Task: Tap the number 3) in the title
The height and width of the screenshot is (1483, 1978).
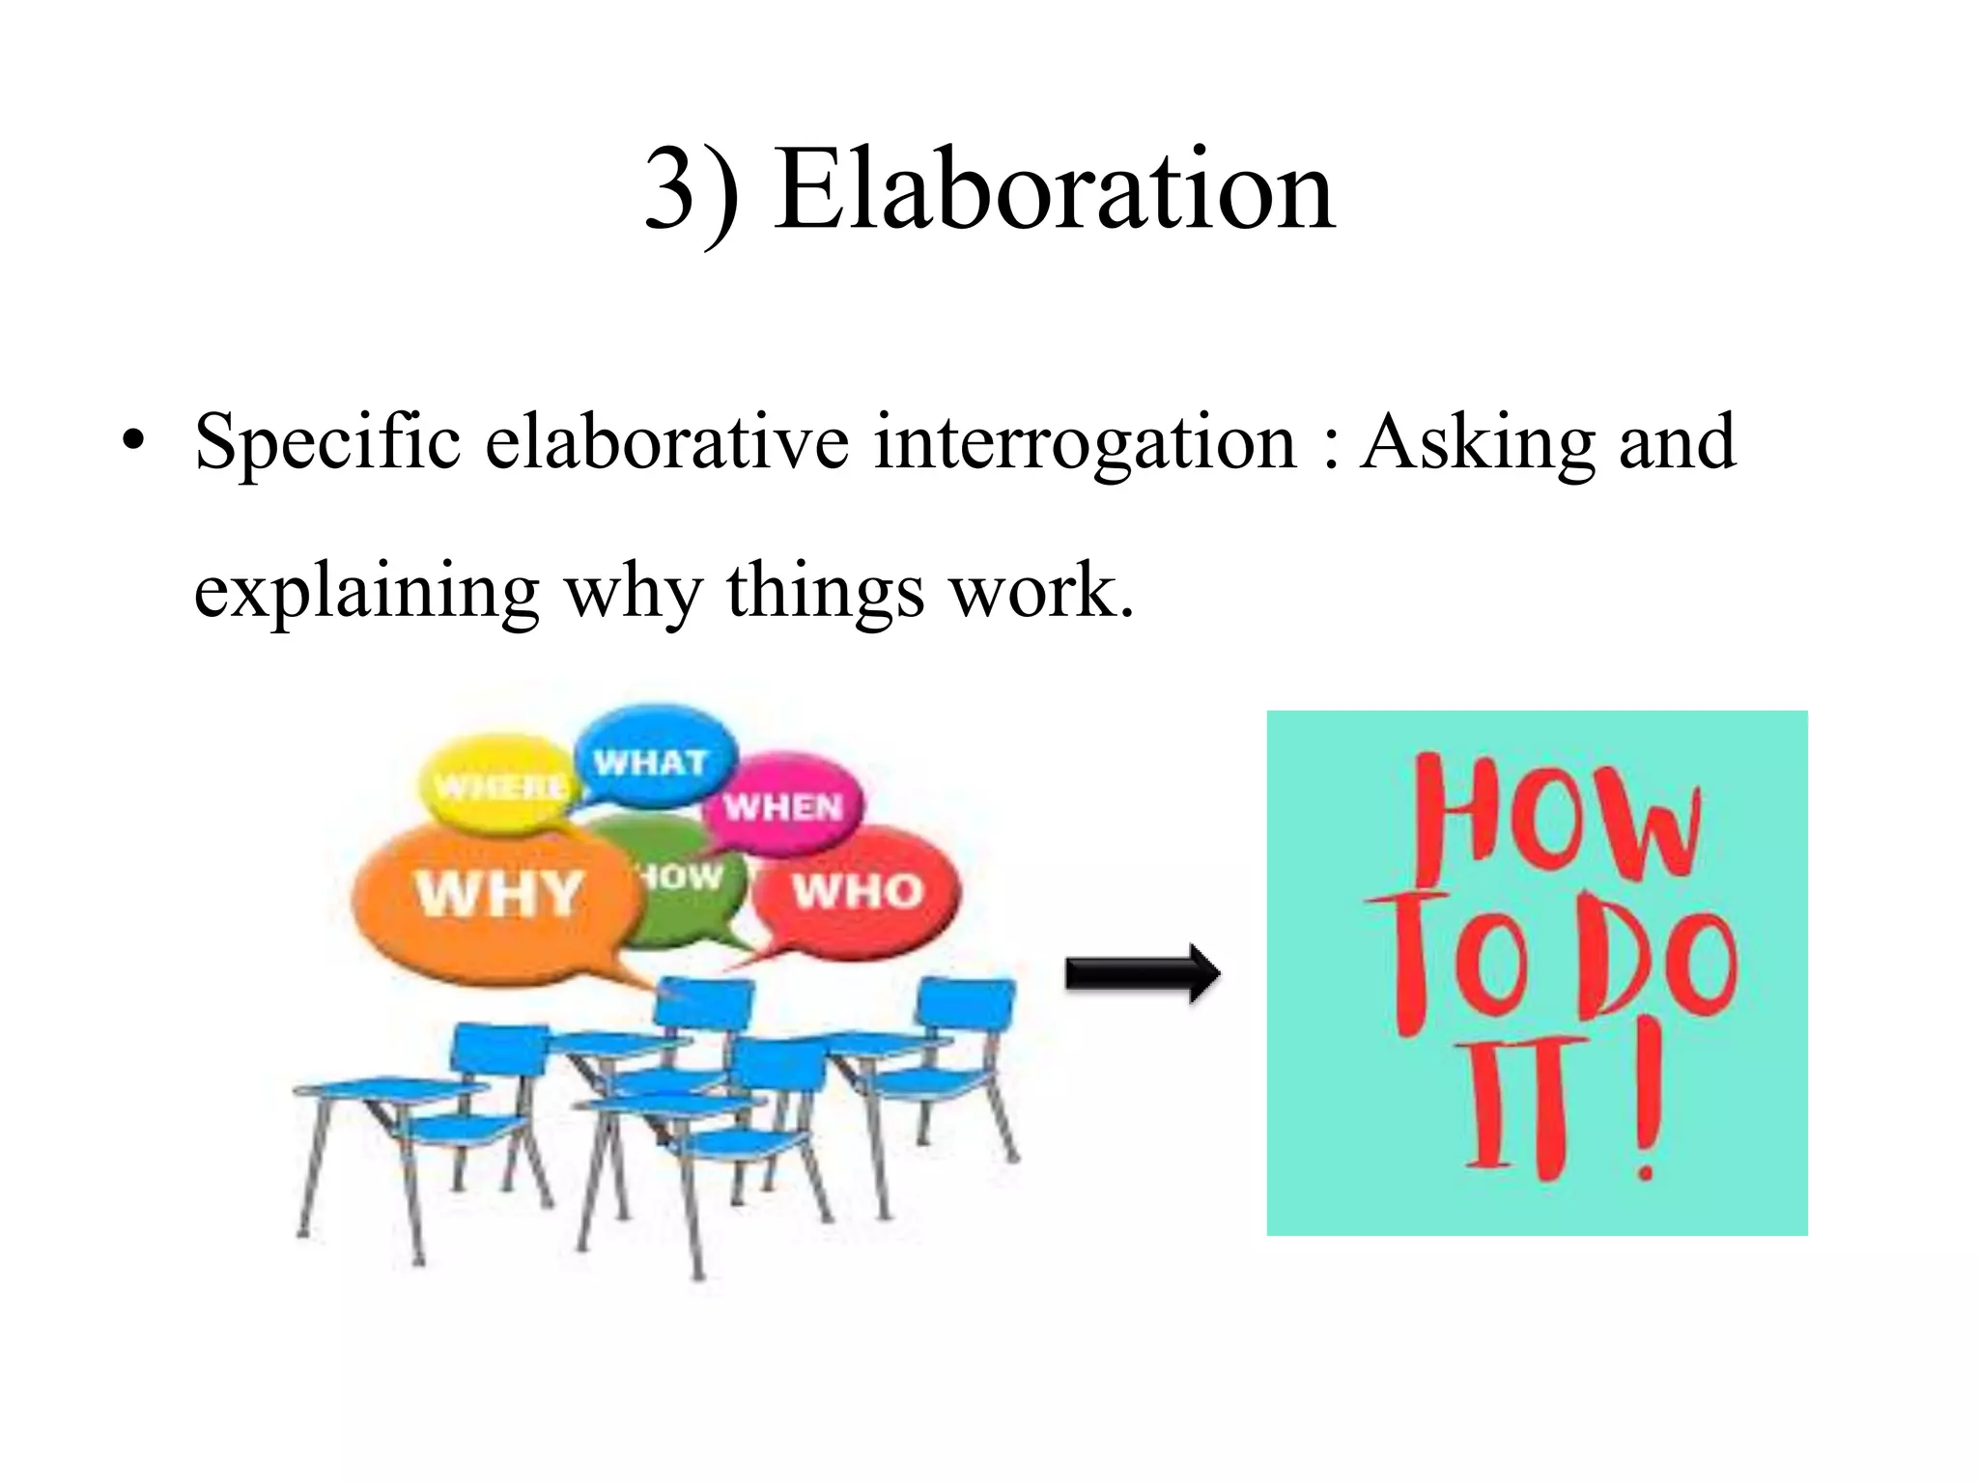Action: pyautogui.click(x=692, y=191)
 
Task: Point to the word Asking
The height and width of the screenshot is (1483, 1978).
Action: pyautogui.click(x=1477, y=442)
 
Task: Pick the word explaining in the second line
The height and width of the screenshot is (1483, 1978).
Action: pyautogui.click(x=366, y=591)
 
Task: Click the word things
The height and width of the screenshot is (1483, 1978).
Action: pyautogui.click(x=825, y=589)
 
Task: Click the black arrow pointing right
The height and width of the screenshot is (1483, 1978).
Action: pyautogui.click(x=1142, y=974)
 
